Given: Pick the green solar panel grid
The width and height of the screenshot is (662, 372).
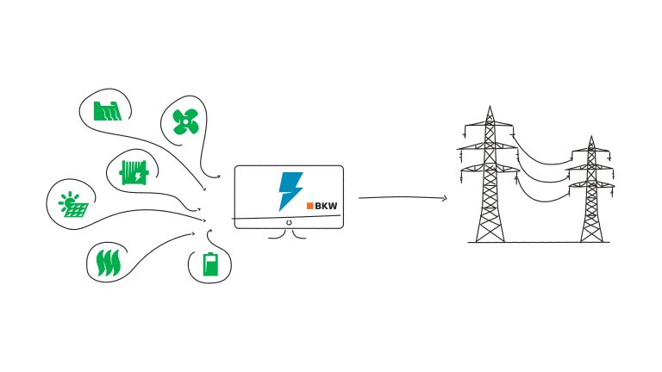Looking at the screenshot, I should click(x=75, y=209).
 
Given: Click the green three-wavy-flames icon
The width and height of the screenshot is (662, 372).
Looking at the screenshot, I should click(x=108, y=261).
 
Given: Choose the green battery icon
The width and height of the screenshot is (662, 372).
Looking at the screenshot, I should click(x=210, y=263).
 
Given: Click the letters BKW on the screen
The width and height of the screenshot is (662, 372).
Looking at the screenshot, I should click(x=328, y=205).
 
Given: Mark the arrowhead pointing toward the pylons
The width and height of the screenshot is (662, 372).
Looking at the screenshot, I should click(x=445, y=199).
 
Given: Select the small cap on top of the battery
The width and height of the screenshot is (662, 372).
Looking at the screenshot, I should click(x=210, y=252).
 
